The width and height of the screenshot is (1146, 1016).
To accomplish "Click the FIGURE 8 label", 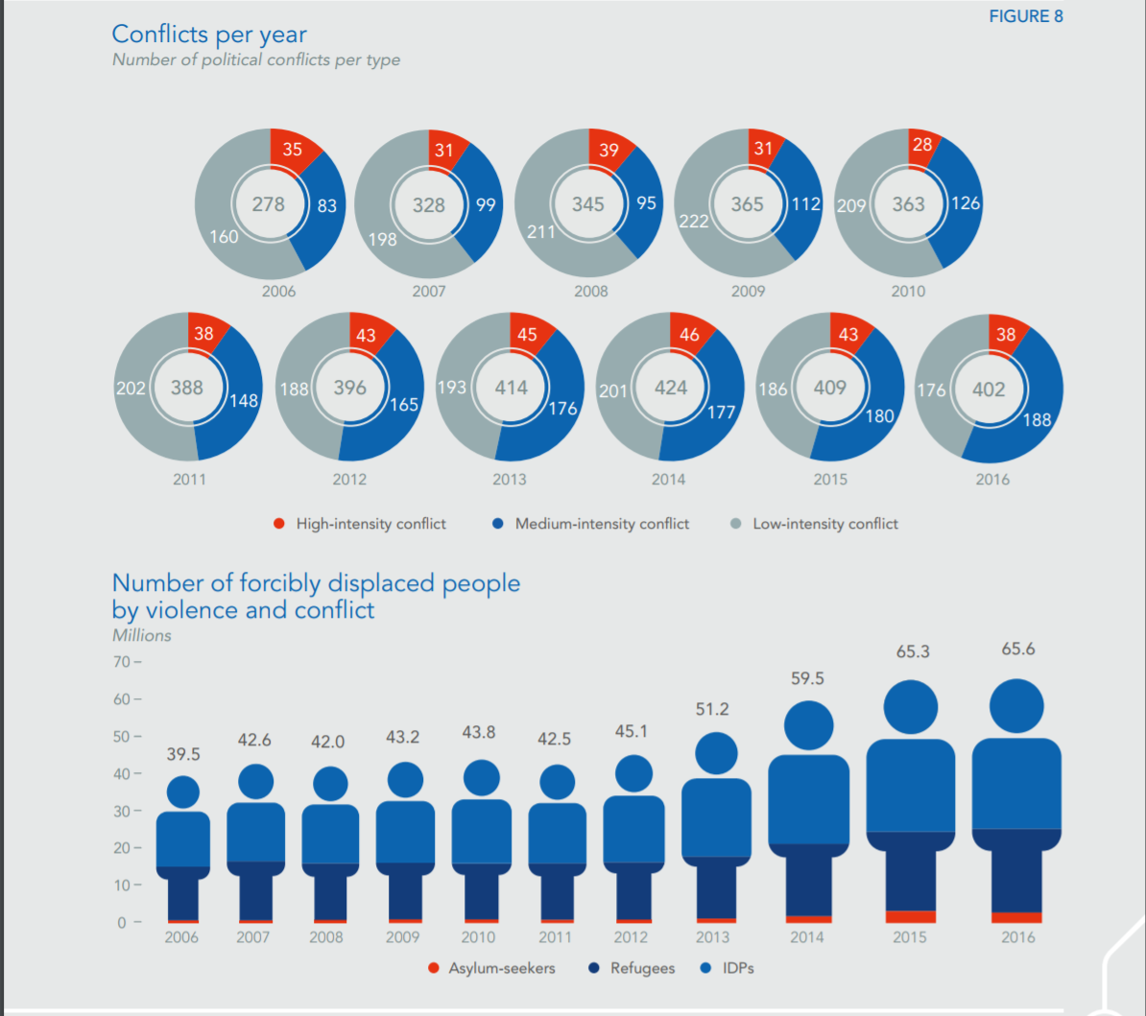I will [x=1025, y=16].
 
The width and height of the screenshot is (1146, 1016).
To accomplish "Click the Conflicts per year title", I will [x=209, y=35].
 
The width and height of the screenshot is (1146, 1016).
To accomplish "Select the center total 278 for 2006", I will [x=269, y=204].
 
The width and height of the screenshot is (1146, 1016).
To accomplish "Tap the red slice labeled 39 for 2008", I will [x=609, y=150].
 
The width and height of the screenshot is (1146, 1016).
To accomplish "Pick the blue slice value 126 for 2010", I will [x=965, y=203].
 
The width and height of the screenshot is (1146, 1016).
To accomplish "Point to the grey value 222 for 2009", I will [x=693, y=222].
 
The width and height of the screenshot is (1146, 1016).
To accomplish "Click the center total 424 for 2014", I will [x=671, y=388].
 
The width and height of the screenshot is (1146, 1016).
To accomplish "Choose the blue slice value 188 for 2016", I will [x=1037, y=419].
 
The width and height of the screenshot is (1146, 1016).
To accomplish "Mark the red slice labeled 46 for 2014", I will [x=689, y=335].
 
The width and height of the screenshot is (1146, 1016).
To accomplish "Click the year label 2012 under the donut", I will [x=349, y=479].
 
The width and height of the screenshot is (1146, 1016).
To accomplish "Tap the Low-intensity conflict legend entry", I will [x=825, y=524].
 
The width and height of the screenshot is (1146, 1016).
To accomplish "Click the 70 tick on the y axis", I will [x=123, y=662].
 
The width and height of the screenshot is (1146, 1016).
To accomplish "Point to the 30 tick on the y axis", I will [x=123, y=811].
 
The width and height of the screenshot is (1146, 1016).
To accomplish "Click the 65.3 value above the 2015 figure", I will [x=913, y=651].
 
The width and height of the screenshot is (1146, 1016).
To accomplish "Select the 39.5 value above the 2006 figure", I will [x=183, y=754].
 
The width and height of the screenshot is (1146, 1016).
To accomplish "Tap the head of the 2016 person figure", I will [x=1016, y=706].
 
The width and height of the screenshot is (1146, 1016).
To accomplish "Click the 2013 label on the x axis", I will [x=712, y=937].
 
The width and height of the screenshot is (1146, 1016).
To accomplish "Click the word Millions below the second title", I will [x=142, y=635].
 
